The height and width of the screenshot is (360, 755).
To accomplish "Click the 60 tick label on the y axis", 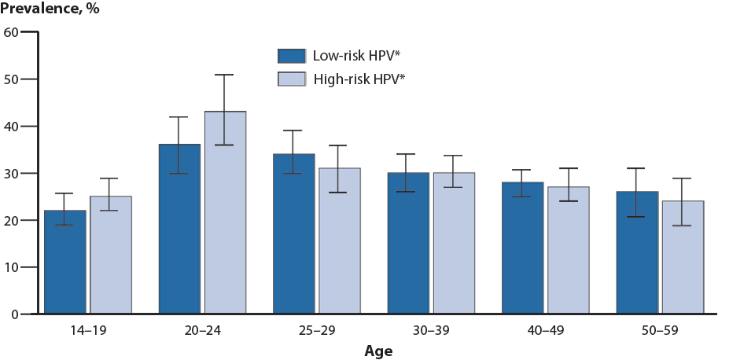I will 11,32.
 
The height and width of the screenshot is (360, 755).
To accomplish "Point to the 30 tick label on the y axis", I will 11,173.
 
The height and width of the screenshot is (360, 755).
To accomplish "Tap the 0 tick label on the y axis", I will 14,314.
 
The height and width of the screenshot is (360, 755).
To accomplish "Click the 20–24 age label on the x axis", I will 202,332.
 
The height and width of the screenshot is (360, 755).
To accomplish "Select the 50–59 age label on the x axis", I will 660,332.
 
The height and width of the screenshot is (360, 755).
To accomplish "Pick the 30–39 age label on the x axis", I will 431,332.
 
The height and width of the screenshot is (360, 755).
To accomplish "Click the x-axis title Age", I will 378,351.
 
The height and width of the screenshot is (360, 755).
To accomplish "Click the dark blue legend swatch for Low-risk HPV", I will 291,56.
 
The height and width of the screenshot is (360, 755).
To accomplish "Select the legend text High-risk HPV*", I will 359,79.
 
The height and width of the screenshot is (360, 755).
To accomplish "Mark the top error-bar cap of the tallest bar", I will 225,75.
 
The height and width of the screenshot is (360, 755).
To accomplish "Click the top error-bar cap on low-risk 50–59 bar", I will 637,168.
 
